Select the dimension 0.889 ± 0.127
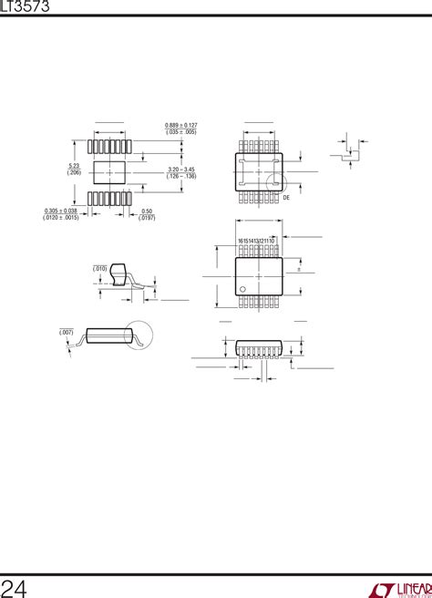181,125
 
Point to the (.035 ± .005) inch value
181,132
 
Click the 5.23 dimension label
73,165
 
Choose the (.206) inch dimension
73,172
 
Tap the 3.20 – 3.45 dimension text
182,169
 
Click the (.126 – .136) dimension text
182,176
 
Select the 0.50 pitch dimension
147,211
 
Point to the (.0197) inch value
147,218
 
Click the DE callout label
285,197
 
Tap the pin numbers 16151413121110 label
256,240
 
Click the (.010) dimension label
99,268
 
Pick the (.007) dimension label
67,332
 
